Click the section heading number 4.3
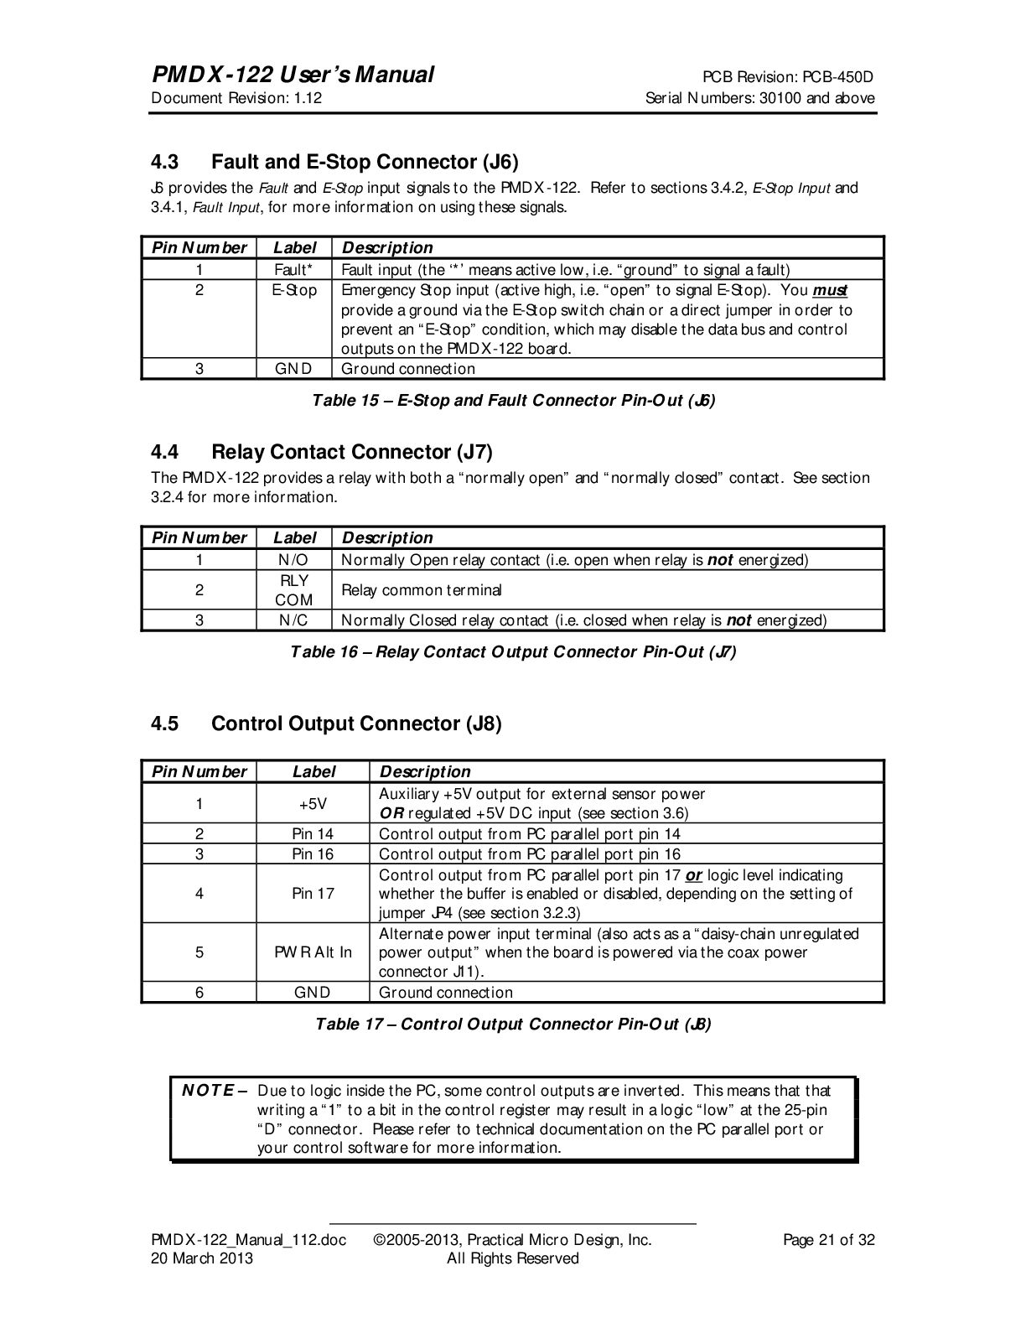coord(164,161)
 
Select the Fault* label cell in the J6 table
coord(294,270)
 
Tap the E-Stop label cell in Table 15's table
coord(294,290)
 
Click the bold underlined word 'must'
coord(830,291)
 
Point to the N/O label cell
coord(294,560)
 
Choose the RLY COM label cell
coord(294,590)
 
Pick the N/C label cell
coord(294,620)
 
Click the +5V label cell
coord(313,803)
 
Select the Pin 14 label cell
coord(313,834)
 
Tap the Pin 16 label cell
coord(313,854)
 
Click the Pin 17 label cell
coord(313,894)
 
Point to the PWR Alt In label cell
coord(313,952)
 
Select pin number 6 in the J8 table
coord(199,993)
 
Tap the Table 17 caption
coord(513,1025)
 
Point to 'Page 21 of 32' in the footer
coord(828,1240)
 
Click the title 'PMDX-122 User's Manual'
coord(293,75)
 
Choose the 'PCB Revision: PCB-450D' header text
coord(788,78)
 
